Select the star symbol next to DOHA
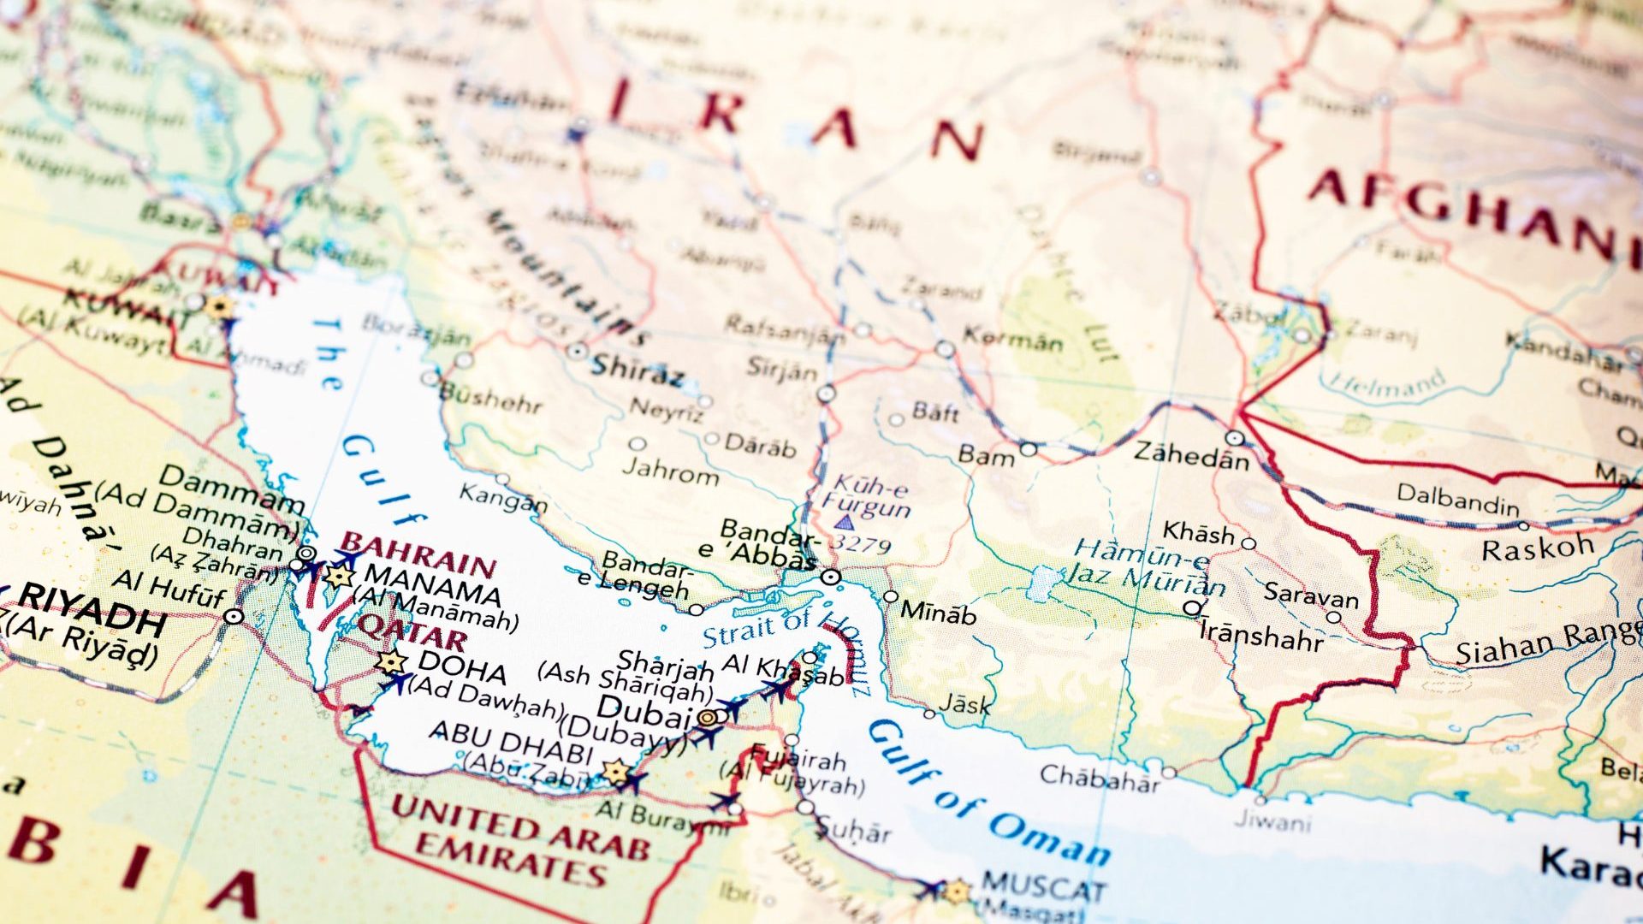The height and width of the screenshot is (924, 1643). pos(391,661)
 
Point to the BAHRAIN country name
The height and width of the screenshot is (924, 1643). pos(418,555)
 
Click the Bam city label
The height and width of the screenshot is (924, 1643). pos(986,455)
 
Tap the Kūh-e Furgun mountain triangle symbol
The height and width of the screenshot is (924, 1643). pos(845,522)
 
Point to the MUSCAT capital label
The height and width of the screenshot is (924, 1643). pos(1043,887)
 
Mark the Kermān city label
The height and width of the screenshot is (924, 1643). pos(1013,339)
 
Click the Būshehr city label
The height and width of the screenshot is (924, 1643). pos(490,398)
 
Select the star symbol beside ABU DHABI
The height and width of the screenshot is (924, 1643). pos(615,771)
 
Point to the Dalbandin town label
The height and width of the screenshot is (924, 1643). pos(1457,499)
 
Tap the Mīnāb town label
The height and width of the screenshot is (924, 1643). pos(939,613)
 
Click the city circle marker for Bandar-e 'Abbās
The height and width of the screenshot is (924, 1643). pos(829,577)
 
